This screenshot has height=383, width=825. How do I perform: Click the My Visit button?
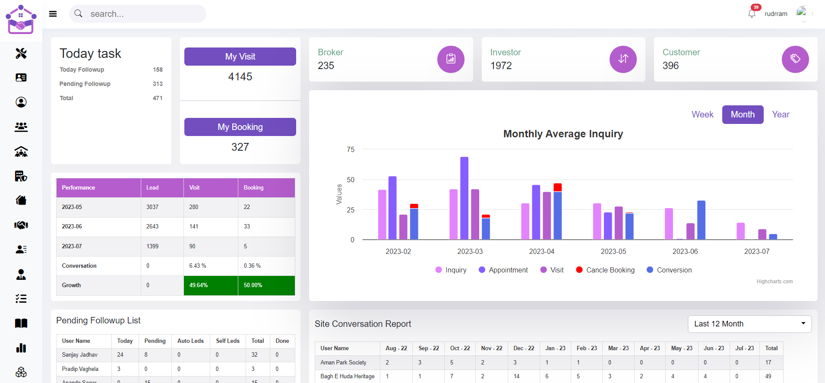[x=240, y=57]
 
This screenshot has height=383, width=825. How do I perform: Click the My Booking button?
[x=240, y=127]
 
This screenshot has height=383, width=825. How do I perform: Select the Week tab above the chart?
[x=702, y=114]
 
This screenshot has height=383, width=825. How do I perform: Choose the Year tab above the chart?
[x=781, y=114]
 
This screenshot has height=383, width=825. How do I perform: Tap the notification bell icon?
[x=752, y=13]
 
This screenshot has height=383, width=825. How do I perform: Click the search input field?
[x=138, y=14]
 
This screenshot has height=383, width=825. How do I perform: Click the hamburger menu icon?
[x=53, y=14]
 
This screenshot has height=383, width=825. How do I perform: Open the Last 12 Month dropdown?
[x=749, y=324]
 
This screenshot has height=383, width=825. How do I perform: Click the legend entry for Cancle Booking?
[x=605, y=270]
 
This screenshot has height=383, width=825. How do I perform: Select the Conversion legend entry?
[x=669, y=270]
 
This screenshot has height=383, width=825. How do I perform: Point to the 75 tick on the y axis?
[x=351, y=149]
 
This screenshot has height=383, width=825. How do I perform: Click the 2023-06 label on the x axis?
[x=685, y=251]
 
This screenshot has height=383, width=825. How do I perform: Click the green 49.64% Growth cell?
[x=211, y=285]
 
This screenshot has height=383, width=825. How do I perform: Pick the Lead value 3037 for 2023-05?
[x=152, y=207]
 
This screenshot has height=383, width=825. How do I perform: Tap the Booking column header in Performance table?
[x=253, y=188]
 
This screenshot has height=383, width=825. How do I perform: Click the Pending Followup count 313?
[x=158, y=84]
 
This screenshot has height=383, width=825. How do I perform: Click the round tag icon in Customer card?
[x=795, y=59]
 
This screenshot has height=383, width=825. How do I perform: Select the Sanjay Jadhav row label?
[x=80, y=355]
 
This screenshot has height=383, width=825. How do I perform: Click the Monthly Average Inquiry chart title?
[x=563, y=134]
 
